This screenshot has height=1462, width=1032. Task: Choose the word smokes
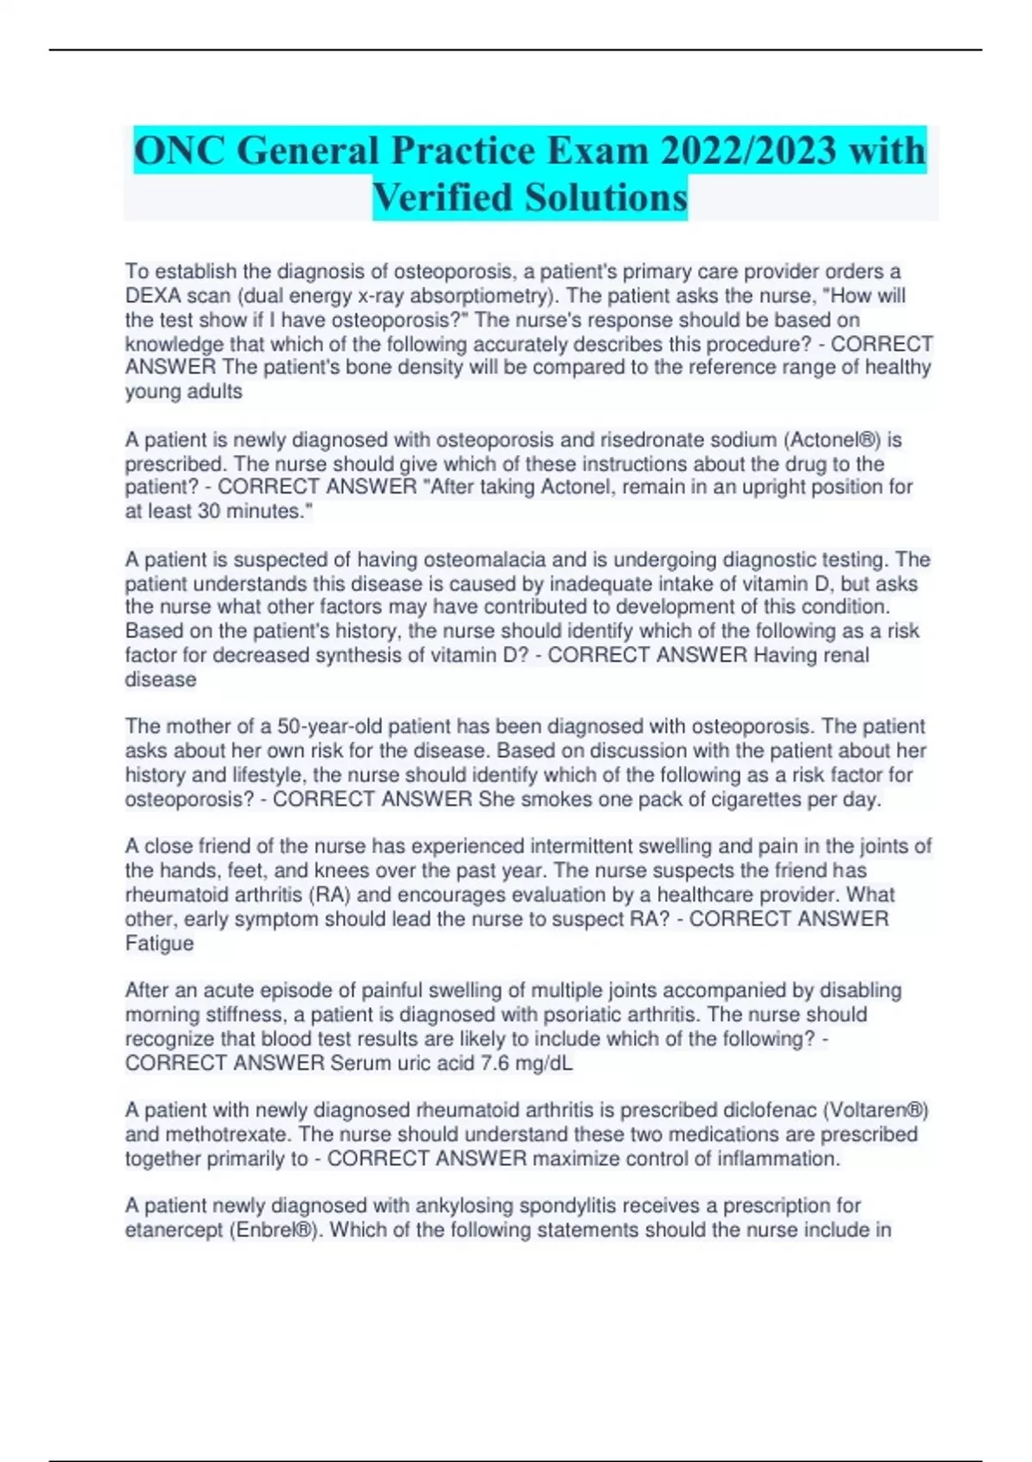tap(544, 800)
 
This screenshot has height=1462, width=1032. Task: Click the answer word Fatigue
tap(159, 943)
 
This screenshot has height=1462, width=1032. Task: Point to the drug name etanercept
tap(173, 1230)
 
